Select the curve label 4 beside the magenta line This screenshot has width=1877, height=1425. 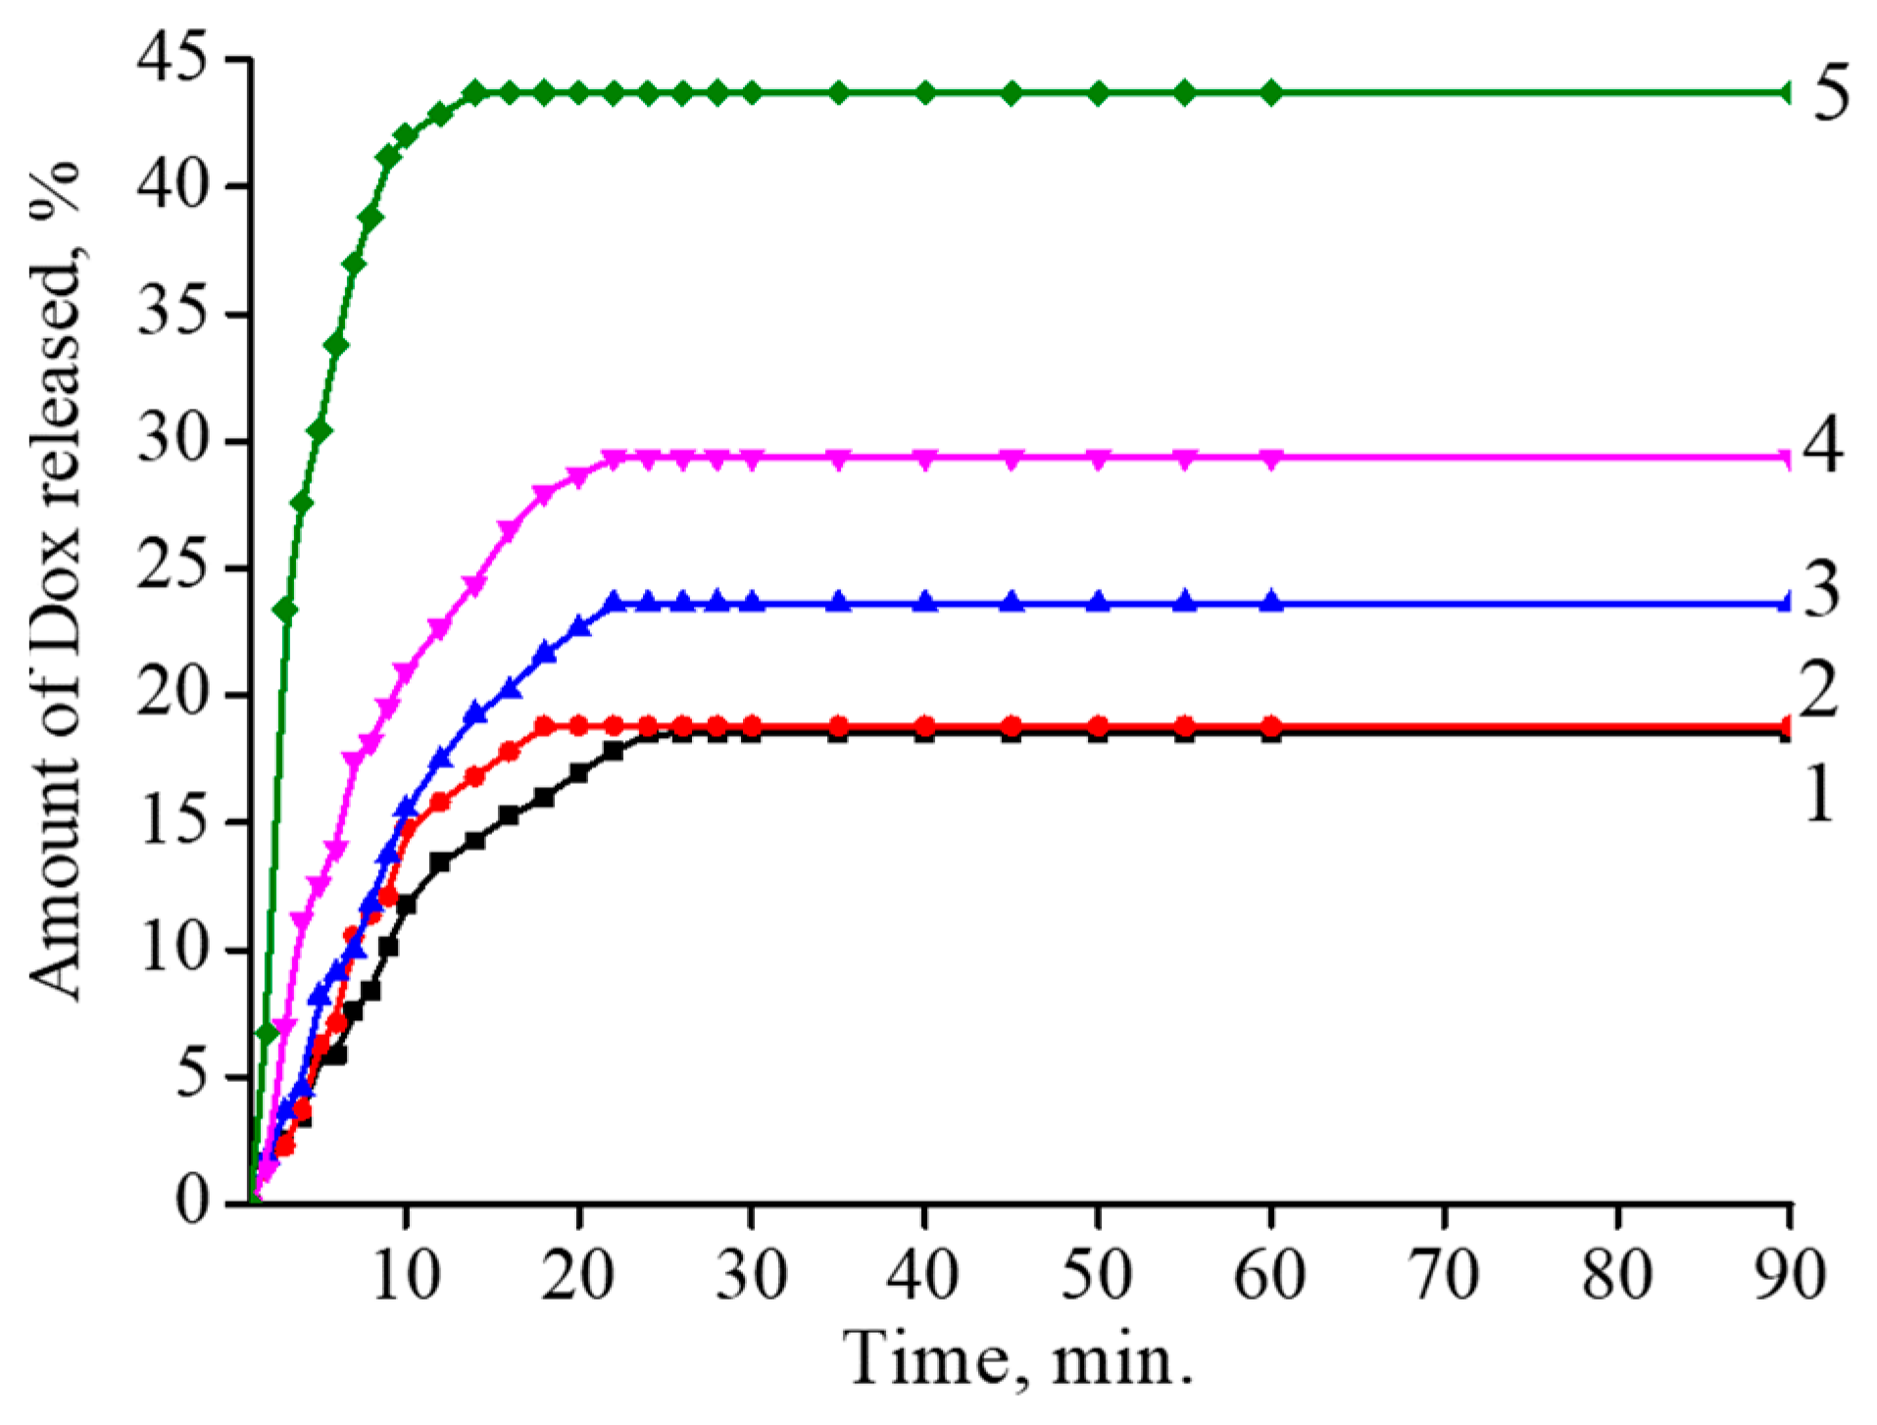pos(1822,447)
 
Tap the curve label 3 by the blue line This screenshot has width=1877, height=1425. pos(1822,591)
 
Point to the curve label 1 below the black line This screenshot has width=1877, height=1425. pos(1818,793)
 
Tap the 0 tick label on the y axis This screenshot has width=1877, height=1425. pos(193,1202)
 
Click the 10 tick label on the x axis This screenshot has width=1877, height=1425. pos(406,1275)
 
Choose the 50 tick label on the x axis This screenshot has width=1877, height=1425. pos(1098,1275)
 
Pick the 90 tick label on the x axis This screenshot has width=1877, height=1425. pos(1790,1275)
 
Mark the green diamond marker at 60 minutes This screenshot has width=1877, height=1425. pos(1271,93)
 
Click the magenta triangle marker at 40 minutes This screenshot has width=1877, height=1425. pos(925,458)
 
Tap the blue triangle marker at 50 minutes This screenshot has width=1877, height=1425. pos(1098,602)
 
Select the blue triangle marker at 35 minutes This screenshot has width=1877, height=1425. pos(838,602)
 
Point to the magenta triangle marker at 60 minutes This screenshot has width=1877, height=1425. pos(1271,458)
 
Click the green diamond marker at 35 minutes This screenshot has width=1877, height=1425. pos(838,93)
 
